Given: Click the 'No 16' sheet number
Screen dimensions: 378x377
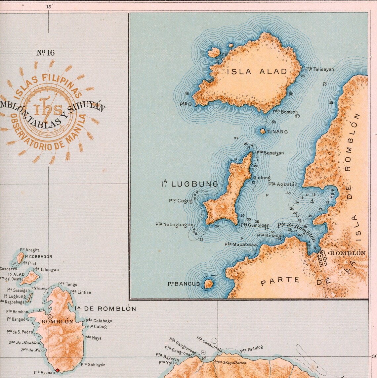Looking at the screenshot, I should coord(45,53).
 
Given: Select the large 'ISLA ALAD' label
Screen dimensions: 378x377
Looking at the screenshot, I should coord(257,71).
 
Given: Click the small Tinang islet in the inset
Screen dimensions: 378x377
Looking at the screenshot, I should coord(263,131).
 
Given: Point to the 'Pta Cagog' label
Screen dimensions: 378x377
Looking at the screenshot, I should coord(180,200).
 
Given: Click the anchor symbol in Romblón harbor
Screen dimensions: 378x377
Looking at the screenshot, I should coord(312,201).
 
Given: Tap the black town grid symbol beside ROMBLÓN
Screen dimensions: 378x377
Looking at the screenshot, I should coord(322,259).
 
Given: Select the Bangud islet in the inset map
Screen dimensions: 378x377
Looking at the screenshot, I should coord(208,284).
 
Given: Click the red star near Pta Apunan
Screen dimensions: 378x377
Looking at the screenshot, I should coord(57,370).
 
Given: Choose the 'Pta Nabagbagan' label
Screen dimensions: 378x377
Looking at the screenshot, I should coord(174,224).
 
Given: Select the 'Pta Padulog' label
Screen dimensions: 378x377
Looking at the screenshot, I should coord(252,349).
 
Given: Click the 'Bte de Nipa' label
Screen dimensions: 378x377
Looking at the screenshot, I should coord(32,350).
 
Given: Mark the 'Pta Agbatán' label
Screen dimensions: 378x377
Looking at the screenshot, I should coord(283,184).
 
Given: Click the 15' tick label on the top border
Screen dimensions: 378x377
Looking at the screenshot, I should coord(49,6).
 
